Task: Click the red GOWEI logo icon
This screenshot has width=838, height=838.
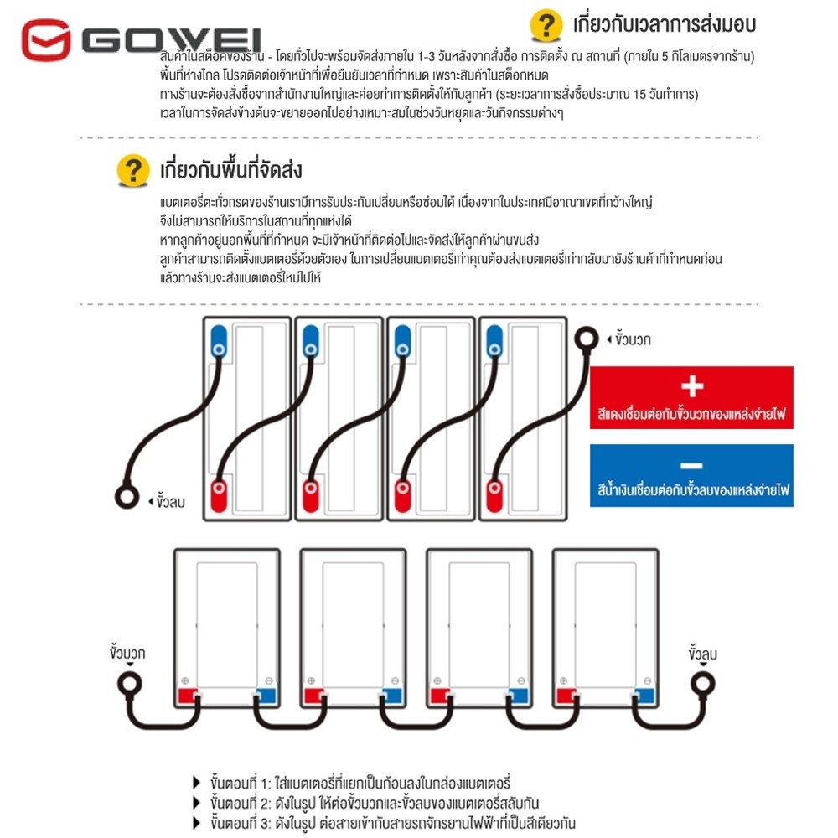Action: point(46,40)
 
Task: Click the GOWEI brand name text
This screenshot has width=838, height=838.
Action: point(172,40)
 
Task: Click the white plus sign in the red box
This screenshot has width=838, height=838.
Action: point(691,386)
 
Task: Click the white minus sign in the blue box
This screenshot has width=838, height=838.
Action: point(691,465)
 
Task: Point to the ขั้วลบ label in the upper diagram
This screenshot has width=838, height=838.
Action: point(169,502)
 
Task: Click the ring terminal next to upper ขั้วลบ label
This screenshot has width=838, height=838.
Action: point(125,497)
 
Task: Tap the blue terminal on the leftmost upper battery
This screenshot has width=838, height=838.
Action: point(218,342)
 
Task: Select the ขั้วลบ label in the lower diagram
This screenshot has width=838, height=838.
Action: point(702,652)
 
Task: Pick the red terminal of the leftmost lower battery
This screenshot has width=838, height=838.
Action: point(186,696)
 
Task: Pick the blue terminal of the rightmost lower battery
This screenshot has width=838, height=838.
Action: point(644,696)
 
